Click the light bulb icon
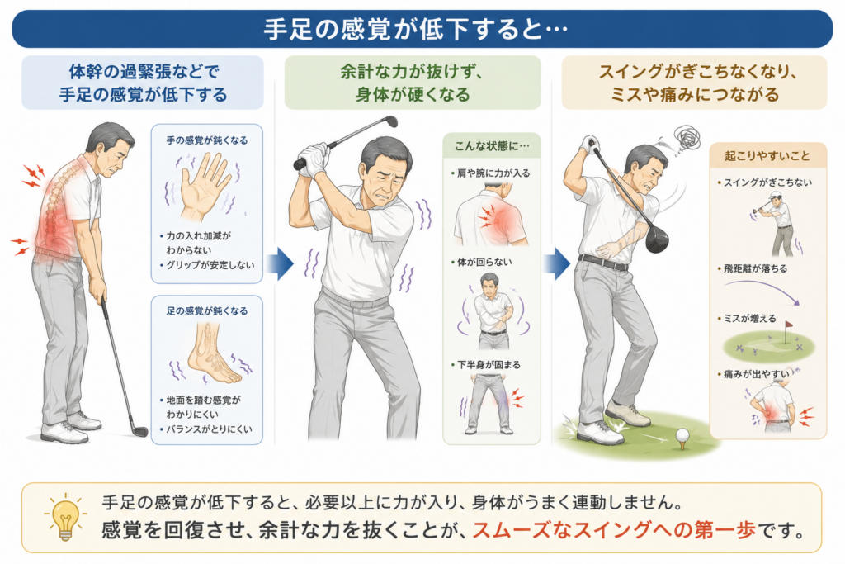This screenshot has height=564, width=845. tap(65, 516)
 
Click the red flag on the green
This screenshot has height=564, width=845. tap(788, 325)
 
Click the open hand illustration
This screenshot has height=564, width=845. tap(203, 186)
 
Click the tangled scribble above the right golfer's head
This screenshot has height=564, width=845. tap(688, 138)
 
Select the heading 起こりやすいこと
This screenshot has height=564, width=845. tap(767, 156)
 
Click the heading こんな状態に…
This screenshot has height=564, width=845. tap(492, 145)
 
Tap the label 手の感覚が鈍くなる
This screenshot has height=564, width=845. tap(207, 140)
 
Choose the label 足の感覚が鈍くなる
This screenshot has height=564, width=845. tap(207, 310)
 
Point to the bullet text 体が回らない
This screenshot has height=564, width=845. tap(484, 262)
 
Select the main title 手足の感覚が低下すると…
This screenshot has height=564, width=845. tap(416, 29)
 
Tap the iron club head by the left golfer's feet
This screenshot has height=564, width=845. tap(139, 430)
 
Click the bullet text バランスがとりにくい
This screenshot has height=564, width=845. tap(209, 429)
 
